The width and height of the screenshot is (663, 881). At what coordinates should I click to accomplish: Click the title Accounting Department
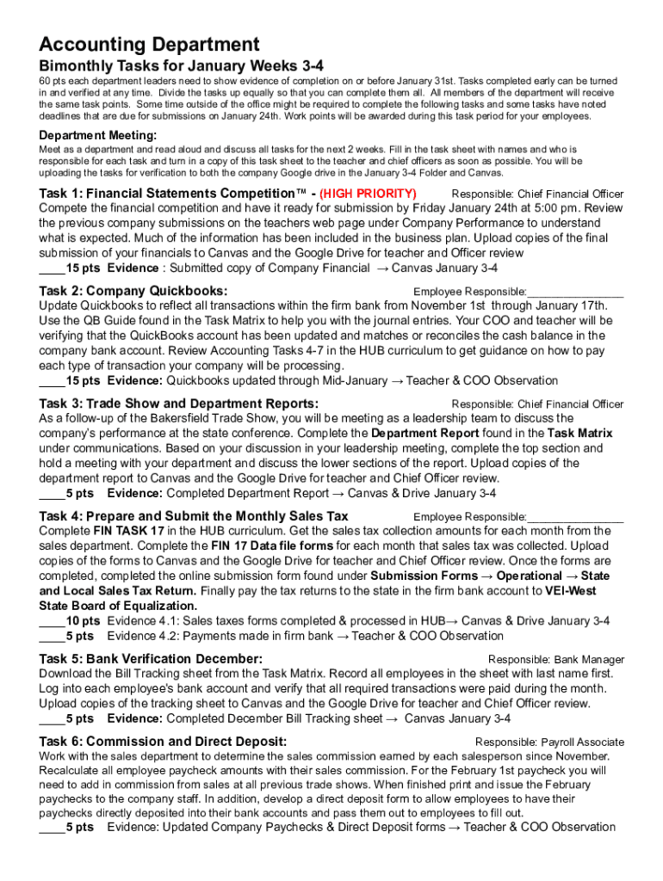click(149, 45)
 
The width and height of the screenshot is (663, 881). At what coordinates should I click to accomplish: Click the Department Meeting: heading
click(98, 135)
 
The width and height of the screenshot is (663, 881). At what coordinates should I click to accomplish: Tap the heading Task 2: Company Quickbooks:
click(133, 291)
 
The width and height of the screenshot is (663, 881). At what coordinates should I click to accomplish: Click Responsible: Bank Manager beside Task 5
click(556, 660)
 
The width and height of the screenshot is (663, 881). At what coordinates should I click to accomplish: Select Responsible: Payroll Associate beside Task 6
click(549, 742)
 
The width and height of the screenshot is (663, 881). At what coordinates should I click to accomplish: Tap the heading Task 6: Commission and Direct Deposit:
click(164, 742)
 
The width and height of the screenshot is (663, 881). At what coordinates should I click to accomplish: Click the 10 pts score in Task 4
click(83, 620)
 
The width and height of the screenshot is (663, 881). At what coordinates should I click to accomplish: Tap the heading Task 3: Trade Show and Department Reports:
click(179, 404)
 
